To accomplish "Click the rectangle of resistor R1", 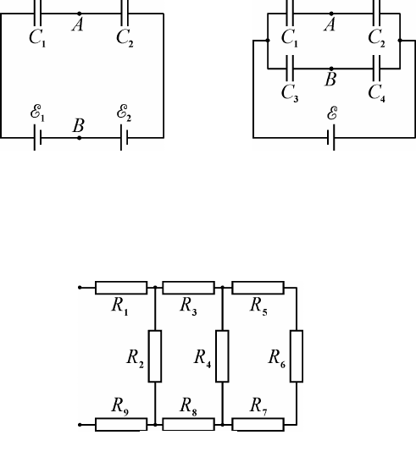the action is point(121,288).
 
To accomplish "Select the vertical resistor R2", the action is point(155,356).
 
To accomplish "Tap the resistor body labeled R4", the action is point(222,356).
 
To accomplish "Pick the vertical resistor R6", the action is point(297,356).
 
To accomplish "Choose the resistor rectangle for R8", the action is point(189,425).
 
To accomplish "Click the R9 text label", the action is point(120,406).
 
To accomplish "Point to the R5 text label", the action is point(258,306).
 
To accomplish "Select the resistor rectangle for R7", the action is point(258,425).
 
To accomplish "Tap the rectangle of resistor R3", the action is point(189,288).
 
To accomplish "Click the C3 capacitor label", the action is point(290,93).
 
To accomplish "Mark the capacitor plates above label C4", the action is point(377,69).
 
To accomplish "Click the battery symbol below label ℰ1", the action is point(37,138).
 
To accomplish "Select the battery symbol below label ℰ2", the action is point(125,138).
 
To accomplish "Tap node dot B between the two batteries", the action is point(79,138).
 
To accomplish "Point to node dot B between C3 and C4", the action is point(331,69).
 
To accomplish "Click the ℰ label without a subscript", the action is point(332,113).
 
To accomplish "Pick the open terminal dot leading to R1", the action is point(80,288).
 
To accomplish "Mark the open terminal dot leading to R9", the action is point(80,425).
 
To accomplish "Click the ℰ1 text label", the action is point(37,113).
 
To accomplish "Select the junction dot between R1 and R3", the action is point(155,288).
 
